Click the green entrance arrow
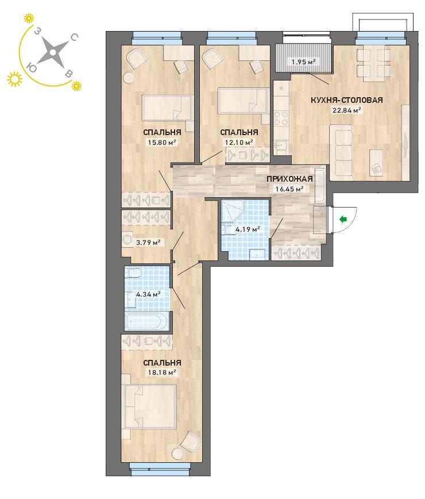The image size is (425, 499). click(x=343, y=219)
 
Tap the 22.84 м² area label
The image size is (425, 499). click(x=347, y=110)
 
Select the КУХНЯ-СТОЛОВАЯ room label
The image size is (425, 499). click(x=346, y=100)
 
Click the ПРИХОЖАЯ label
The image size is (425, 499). click(x=289, y=179)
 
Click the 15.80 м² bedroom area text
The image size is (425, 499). click(x=162, y=143)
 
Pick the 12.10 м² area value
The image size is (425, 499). click(x=239, y=142)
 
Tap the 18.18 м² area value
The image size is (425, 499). click(x=162, y=373)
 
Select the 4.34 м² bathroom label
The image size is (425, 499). click(x=148, y=294)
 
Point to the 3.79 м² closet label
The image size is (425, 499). click(x=148, y=243)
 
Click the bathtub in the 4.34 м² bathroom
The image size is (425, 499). click(x=147, y=322)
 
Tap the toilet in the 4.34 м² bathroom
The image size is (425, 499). click(x=133, y=273)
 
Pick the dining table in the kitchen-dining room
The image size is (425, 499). click(x=373, y=65)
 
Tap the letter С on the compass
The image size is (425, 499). click(x=74, y=38)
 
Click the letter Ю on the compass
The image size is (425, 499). click(x=31, y=67)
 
